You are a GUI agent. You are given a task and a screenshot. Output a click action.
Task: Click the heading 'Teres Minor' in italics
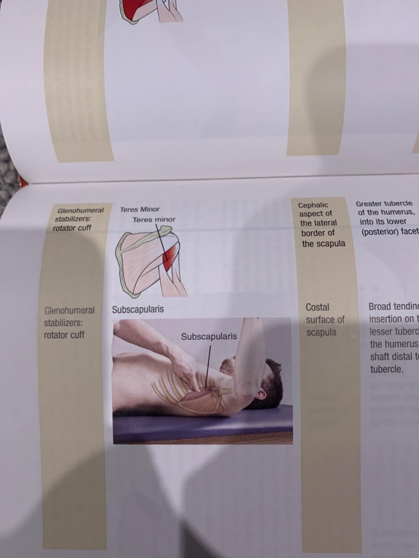coord(140,209)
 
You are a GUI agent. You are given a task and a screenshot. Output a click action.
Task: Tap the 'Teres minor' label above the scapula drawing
coord(154,220)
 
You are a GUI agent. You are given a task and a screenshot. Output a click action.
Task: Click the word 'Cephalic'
coord(313,205)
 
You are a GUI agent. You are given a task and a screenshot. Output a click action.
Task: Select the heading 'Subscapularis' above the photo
coord(138,309)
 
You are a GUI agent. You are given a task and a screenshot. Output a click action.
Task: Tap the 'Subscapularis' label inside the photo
coord(209,336)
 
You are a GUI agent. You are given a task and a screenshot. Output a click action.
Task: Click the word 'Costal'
coord(317,307)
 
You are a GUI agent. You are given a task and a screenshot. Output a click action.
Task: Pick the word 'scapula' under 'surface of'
coord(321,332)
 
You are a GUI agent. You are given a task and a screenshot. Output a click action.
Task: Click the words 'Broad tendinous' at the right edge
coord(393,307)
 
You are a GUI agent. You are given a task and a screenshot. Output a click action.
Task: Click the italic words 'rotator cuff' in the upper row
coord(72,228)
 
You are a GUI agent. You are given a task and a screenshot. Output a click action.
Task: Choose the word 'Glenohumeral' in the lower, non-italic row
coord(69,310)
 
